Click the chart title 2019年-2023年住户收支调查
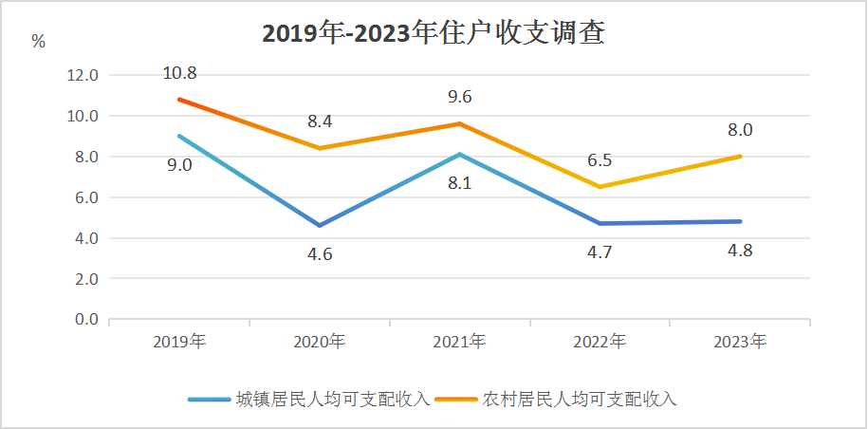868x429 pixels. (x=434, y=34)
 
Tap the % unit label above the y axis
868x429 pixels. (x=38, y=41)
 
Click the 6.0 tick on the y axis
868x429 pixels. (x=83, y=197)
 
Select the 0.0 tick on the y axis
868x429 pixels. (x=83, y=320)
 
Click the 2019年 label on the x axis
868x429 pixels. (x=179, y=342)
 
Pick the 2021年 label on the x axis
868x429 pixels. (x=459, y=342)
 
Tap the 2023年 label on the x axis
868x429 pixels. (x=739, y=342)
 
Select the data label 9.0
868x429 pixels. (x=179, y=164)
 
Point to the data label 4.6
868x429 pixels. (x=320, y=254)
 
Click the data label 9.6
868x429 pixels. (x=459, y=96)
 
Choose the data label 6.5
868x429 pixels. (x=600, y=160)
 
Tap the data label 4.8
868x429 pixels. (x=739, y=251)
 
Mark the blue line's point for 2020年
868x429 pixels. (x=320, y=226)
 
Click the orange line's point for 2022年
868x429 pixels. (x=600, y=187)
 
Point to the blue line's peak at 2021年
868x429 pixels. (x=459, y=154)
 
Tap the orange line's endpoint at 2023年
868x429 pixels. (x=739, y=157)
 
